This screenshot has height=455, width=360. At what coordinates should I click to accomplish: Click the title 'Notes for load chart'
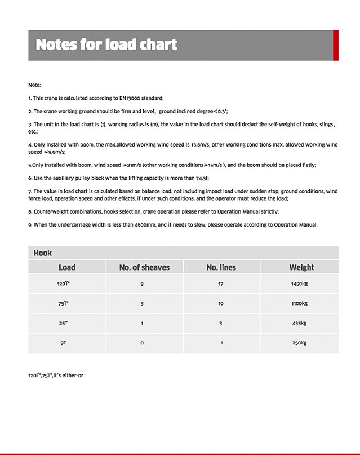tap(106, 45)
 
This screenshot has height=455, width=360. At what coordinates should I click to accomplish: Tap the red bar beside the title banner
tap(335, 45)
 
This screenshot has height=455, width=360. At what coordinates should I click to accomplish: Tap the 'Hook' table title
tap(43, 253)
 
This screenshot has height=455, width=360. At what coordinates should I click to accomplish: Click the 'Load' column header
tap(66, 267)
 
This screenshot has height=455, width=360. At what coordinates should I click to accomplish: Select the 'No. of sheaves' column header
tap(144, 267)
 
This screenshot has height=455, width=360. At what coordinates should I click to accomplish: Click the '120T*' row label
tap(64, 284)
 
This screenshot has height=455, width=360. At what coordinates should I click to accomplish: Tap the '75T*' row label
tap(64, 303)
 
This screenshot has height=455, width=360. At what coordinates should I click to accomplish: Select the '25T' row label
tap(64, 323)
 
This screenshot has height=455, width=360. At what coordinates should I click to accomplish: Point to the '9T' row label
tap(64, 343)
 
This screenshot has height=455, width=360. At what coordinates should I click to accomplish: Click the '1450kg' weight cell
tap(299, 284)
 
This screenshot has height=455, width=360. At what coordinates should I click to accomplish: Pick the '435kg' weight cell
tap(299, 323)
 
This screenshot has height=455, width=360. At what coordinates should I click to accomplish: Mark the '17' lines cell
tap(220, 284)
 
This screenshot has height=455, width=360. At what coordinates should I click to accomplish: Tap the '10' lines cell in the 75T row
tap(220, 303)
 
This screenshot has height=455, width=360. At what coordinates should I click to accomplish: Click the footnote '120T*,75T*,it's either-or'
tap(56, 375)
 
